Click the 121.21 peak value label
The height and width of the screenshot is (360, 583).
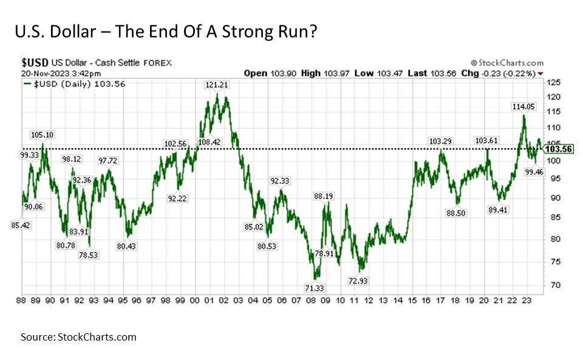coord(218,86)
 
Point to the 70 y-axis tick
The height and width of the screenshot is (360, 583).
coord(554,285)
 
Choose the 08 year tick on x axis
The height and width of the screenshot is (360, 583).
coord(311,300)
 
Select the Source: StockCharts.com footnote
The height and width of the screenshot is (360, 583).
coord(78,337)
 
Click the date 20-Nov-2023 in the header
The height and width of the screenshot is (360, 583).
coord(41,73)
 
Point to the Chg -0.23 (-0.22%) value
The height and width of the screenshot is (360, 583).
coord(506,73)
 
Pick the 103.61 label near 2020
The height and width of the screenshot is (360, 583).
coord(486,141)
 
